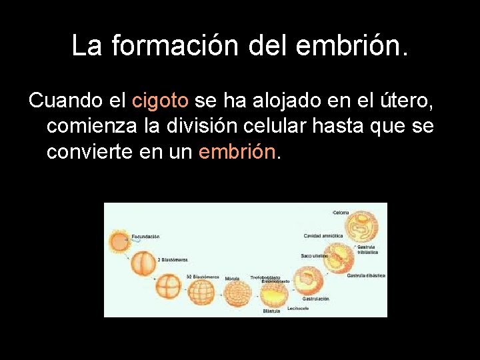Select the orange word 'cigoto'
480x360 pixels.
(160, 101)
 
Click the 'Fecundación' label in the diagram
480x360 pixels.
(145, 236)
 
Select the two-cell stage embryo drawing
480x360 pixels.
(142, 263)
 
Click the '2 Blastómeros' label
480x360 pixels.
(173, 259)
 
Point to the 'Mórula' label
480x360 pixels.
(232, 278)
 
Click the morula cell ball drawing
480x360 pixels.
(235, 293)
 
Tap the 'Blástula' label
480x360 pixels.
(271, 311)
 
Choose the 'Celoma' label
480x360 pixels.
(341, 213)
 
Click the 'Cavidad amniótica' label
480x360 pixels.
(323, 235)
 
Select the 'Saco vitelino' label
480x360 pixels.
(313, 255)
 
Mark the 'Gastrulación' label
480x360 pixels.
(316, 299)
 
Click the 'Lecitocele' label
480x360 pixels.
(298, 308)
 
